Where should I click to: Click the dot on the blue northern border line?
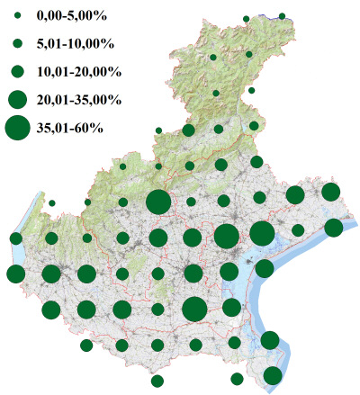(x=282, y=16)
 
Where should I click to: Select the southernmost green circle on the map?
(x=157, y=381)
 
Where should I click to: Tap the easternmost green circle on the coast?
(x=334, y=227)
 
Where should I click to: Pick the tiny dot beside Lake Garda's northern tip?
(x=52, y=202)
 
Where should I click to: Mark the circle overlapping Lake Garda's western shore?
(x=15, y=238)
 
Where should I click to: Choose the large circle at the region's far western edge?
(x=15, y=274)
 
